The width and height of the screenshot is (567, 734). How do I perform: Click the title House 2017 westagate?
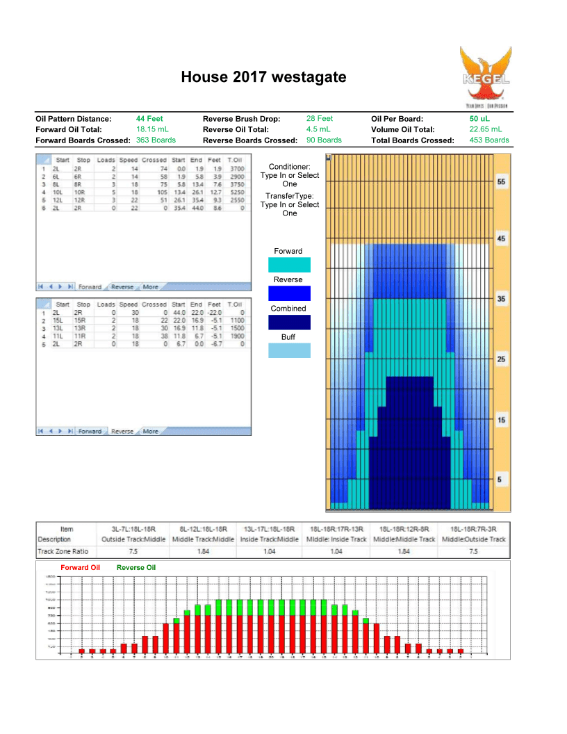[263, 77]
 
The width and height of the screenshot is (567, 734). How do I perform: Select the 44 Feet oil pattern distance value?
[149, 119]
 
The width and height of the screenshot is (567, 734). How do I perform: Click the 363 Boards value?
[156, 140]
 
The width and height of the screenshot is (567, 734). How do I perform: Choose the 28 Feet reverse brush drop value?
[320, 119]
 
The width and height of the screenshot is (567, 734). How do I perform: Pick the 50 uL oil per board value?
[479, 119]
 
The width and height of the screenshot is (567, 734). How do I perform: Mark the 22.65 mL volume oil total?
[486, 129]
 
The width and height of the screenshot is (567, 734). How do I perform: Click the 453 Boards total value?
[489, 140]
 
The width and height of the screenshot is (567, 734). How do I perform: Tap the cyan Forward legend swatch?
[289, 265]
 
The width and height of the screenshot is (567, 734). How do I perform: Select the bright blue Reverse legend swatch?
[289, 293]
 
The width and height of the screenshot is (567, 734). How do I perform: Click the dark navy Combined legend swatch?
[289, 323]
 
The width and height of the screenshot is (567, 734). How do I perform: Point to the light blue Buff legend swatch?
[289, 351]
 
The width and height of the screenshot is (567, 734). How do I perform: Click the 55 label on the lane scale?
[502, 181]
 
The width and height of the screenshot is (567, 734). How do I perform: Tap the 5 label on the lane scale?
[502, 480]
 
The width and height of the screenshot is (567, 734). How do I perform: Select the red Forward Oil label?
[81, 568]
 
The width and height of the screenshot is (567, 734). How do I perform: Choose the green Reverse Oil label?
[136, 568]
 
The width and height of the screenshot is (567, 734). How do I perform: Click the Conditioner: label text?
[289, 167]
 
